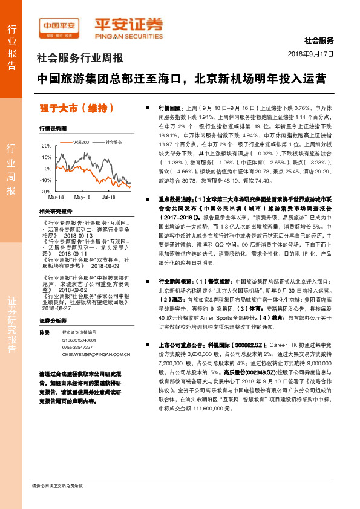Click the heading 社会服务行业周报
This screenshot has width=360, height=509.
click(80, 59)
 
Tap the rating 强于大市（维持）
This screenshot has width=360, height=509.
click(76, 109)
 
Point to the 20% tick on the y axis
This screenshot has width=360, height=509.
click(47, 146)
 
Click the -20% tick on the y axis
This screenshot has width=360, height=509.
click(45, 191)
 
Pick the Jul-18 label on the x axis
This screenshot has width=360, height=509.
click(109, 198)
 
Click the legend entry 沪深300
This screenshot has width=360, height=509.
click(79, 143)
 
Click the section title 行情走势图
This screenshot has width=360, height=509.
click(53, 129)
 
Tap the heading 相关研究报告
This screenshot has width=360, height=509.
click(55, 212)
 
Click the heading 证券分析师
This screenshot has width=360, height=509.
click(52, 320)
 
